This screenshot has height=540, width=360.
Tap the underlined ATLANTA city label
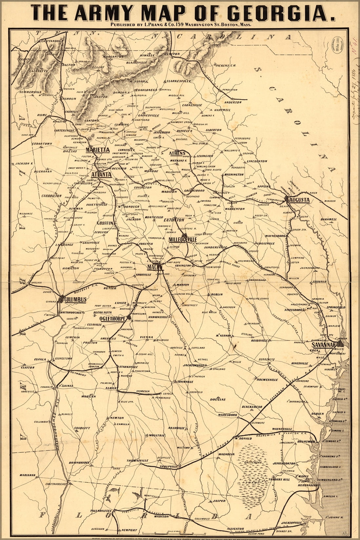point(102,175)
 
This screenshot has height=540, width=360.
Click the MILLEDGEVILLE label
point(183,240)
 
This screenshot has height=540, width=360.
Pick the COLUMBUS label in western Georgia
point(75,300)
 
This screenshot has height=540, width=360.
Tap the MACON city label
point(153,267)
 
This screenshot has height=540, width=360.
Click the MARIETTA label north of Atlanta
point(97,150)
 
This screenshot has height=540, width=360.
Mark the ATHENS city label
point(177,153)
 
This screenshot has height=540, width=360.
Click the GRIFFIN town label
point(105,223)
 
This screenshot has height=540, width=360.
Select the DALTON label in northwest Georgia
point(69,65)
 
